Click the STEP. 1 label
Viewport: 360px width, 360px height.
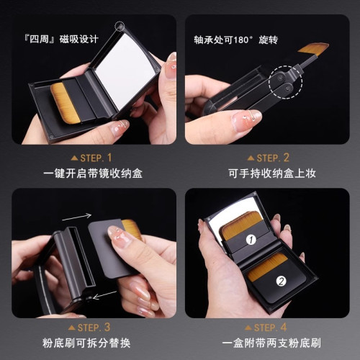pos(94,157)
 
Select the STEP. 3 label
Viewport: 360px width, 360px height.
pos(94,326)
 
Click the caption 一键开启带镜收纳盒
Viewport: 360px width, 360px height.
pos(94,174)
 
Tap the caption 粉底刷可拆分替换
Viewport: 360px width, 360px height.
pos(94,343)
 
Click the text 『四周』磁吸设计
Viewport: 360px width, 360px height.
pos(60,39)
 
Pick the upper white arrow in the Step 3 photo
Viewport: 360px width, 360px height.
pos(76,216)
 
